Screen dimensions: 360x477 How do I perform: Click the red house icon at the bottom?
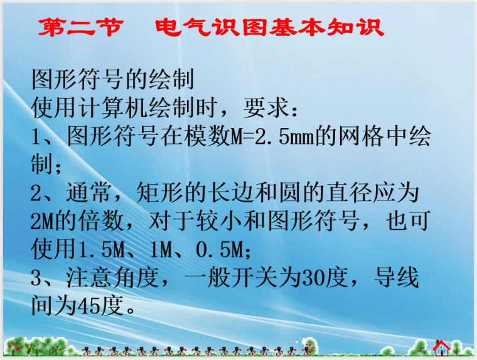coord(442,347)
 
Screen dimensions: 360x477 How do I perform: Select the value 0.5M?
coord(219,249)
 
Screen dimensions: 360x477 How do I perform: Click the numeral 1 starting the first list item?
coord(37,137)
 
